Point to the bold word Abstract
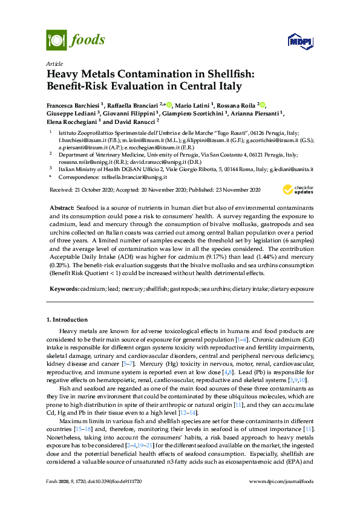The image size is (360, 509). (x=62, y=207)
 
